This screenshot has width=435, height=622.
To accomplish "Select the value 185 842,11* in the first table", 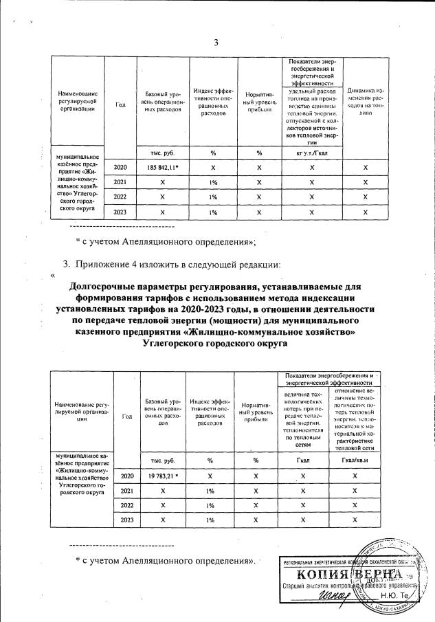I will pyautogui.click(x=163, y=168).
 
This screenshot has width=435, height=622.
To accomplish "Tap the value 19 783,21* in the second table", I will pyautogui.click(x=163, y=476).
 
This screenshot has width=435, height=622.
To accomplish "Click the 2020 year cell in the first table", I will pyautogui.click(x=120, y=168).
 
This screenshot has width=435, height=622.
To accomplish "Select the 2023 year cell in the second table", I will pyautogui.click(x=126, y=520).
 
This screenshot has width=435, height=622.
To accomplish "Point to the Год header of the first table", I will pyautogui.click(x=120, y=104).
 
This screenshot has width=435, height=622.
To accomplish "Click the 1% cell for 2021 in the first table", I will pyautogui.click(x=213, y=182).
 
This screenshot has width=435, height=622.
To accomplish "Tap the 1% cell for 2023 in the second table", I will pyautogui.click(x=213, y=520).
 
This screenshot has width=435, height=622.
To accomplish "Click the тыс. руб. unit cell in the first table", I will pyautogui.click(x=163, y=151).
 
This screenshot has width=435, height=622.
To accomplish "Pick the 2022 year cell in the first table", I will pyautogui.click(x=120, y=197).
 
